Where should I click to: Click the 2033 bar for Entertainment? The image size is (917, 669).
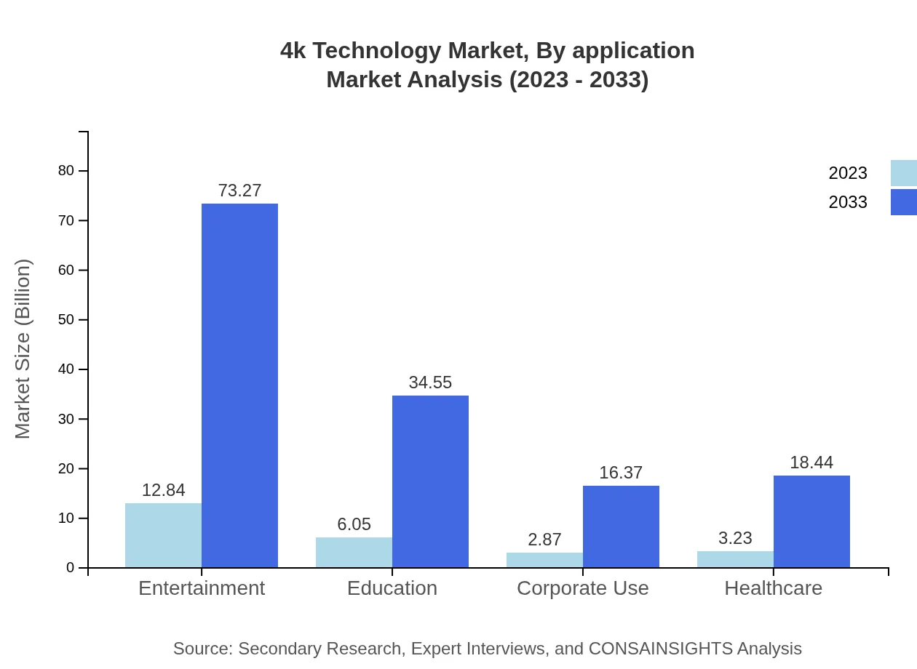coord(239,385)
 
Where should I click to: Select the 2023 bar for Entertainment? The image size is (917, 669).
coord(163,535)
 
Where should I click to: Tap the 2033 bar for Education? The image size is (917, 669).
coord(430,481)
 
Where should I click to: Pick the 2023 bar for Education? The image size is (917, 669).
coord(354,552)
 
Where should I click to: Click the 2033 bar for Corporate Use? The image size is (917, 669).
coord(621,526)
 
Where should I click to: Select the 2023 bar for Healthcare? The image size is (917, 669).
coord(735,559)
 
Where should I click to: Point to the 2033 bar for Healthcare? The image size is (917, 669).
coord(811,521)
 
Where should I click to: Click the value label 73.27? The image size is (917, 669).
coord(239,191)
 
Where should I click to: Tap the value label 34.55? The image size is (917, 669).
coord(430,382)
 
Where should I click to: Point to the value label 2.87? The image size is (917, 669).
coord(544,540)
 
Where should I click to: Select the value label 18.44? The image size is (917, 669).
coord(811,462)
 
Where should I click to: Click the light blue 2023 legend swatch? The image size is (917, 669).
coord(903,173)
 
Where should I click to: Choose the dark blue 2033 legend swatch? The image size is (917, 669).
coord(903,202)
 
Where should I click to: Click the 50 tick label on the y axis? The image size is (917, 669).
coord(66,320)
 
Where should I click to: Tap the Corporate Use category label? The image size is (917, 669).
coord(582,588)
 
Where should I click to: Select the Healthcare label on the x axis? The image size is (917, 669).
coord(773,588)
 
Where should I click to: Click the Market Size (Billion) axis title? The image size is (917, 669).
coord(23,349)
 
